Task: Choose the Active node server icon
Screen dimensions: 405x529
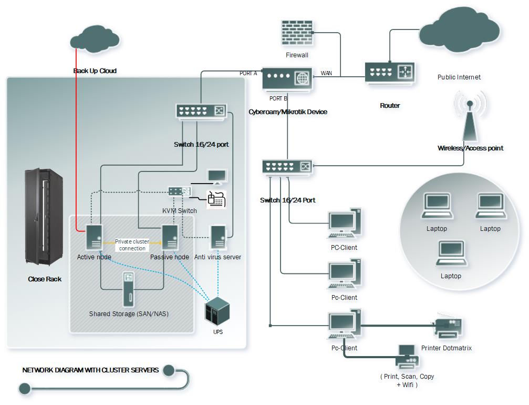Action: click(x=94, y=237)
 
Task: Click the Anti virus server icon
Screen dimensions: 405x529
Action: click(x=218, y=237)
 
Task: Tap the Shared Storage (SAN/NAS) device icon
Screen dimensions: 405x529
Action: click(x=128, y=290)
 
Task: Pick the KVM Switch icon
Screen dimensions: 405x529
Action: click(x=179, y=191)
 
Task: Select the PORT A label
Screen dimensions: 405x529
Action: click(x=248, y=73)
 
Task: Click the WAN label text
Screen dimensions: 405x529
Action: click(x=326, y=73)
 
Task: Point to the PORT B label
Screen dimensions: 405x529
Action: click(x=278, y=98)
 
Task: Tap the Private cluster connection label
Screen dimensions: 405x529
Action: click(x=132, y=245)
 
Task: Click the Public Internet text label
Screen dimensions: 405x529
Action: click(x=459, y=77)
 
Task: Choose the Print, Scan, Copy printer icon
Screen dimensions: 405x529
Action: click(x=408, y=357)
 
